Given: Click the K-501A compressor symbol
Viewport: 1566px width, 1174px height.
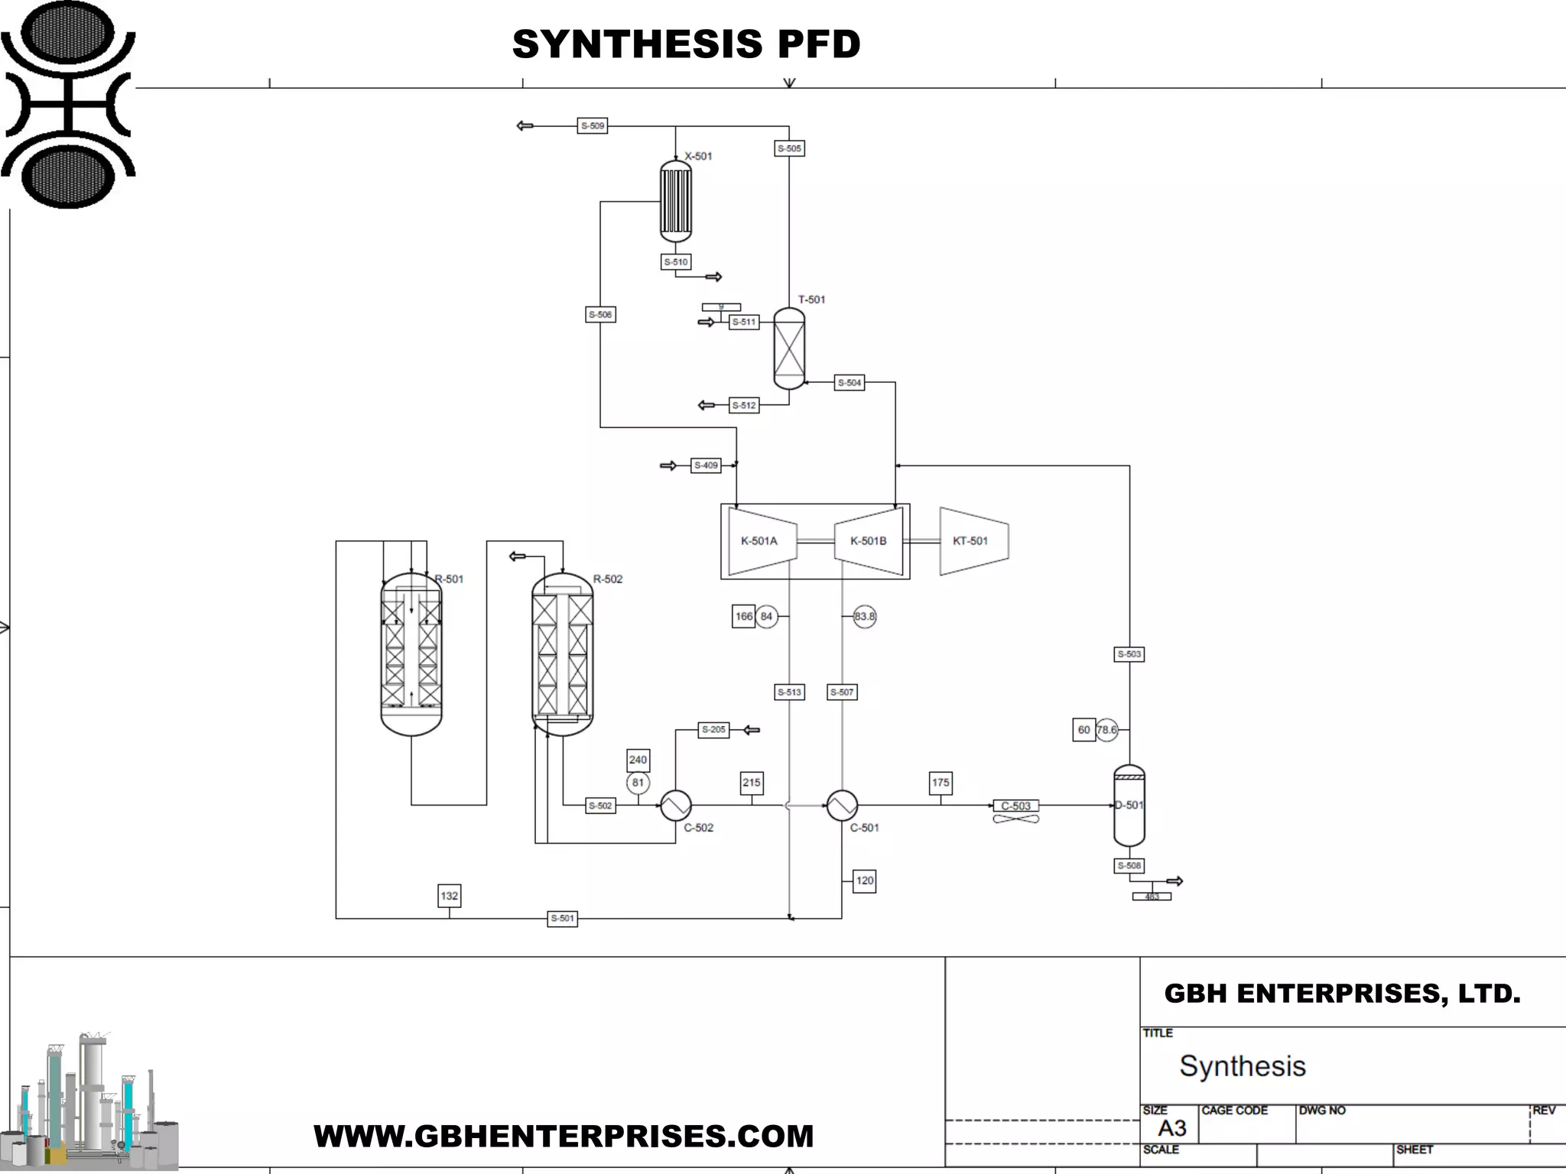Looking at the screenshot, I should click(762, 541).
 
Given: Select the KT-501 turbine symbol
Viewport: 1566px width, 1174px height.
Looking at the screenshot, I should click(973, 541).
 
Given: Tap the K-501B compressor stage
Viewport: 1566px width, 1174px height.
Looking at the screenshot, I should click(869, 541).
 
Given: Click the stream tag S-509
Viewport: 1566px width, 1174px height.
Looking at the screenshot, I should click(592, 126).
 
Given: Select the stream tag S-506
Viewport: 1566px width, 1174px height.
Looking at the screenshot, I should click(600, 315).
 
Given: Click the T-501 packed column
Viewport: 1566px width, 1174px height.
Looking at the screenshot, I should click(789, 349).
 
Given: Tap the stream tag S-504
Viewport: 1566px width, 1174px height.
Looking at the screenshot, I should click(850, 383).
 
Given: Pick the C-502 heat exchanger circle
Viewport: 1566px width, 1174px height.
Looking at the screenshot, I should click(676, 806).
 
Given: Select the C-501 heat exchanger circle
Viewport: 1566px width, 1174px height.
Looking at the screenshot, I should click(842, 806).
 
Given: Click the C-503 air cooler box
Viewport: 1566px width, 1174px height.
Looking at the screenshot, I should click(1015, 806).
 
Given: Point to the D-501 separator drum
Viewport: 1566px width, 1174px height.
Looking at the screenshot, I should click(1129, 806).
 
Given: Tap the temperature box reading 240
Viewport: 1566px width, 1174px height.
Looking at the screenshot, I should click(638, 760).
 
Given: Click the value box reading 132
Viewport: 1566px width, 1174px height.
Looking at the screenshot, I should click(449, 896).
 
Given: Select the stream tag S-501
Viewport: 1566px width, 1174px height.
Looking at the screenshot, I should click(562, 919).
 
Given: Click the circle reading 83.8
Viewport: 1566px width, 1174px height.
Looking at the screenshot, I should click(864, 617).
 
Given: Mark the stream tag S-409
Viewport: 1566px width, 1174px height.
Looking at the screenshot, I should click(706, 465).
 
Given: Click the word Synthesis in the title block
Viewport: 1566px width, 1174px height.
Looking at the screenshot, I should click(1243, 1066).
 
